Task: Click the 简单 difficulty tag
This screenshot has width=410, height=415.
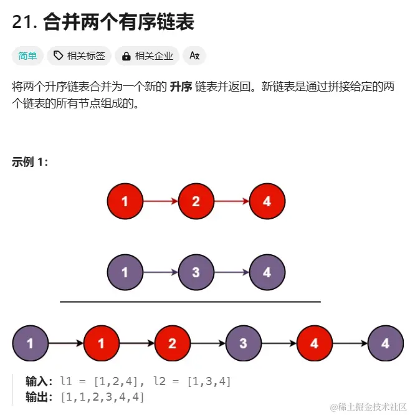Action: click(x=27, y=56)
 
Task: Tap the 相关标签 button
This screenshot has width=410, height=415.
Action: click(x=79, y=56)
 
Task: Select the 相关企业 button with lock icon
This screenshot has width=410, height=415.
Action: click(x=147, y=56)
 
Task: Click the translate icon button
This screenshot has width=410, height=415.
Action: click(x=194, y=56)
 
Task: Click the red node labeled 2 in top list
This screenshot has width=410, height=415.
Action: click(x=196, y=201)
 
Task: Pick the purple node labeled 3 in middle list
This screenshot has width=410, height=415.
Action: click(x=196, y=272)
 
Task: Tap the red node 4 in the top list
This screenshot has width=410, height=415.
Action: click(x=267, y=201)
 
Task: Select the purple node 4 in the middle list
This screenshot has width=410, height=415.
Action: click(x=267, y=272)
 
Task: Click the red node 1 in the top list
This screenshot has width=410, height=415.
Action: click(x=125, y=201)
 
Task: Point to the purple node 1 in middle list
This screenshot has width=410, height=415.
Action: click(x=125, y=272)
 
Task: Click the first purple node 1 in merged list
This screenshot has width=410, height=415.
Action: click(x=30, y=343)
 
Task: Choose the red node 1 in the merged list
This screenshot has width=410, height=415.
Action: click(x=101, y=343)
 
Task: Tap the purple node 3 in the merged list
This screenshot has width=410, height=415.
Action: click(x=243, y=343)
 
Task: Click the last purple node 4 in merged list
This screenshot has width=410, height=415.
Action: click(x=385, y=343)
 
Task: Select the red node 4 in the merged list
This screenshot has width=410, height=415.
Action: click(x=314, y=343)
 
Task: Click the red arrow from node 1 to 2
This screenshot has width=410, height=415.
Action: click(x=161, y=201)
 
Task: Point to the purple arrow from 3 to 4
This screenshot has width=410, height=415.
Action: click(x=232, y=272)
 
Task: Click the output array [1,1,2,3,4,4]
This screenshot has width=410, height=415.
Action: click(x=102, y=396)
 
